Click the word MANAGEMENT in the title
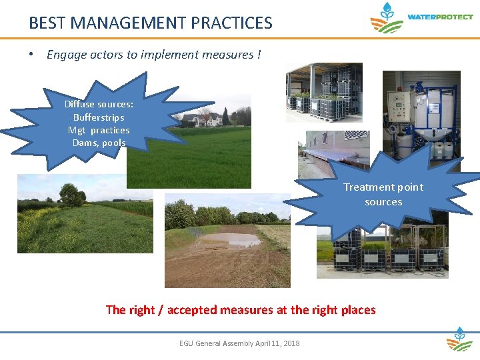[x=127, y=23]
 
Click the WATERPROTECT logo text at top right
[x=440, y=17]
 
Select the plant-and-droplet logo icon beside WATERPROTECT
[x=387, y=18]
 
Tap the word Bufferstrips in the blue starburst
[x=99, y=117]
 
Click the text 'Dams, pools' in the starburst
[x=99, y=143]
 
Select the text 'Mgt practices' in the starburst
[x=99, y=130]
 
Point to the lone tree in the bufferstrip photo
[x=71, y=195]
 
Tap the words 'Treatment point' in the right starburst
[x=383, y=187]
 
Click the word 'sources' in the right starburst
[x=383, y=201]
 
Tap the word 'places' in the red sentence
[x=358, y=309]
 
